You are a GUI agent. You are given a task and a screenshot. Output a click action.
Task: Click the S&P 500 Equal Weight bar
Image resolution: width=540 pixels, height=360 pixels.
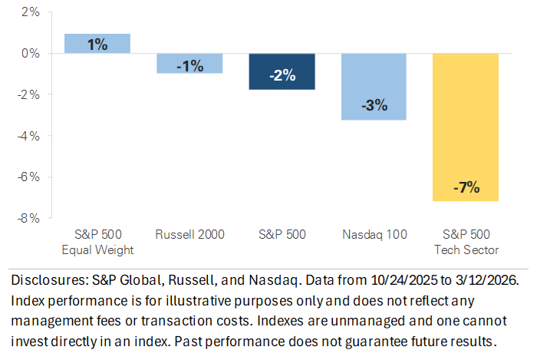pos(97,44)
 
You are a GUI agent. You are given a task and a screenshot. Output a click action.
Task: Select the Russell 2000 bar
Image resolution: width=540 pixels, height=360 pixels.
pos(189,64)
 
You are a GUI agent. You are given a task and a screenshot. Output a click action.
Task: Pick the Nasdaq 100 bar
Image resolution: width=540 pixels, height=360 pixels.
pos(374,87)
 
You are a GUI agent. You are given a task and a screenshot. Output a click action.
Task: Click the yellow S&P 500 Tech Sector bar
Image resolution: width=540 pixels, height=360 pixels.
pos(466,127)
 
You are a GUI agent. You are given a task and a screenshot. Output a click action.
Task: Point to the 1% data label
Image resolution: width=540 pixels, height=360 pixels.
pos(97,45)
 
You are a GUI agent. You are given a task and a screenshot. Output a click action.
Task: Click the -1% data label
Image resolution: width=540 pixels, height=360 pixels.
pos(189,66)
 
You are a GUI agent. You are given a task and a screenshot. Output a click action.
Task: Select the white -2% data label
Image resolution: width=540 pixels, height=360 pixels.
pos(282,75)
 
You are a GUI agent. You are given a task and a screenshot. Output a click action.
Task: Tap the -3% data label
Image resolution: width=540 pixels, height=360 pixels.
pos(374,105)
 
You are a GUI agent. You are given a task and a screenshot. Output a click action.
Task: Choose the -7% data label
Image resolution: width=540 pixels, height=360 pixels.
pos(466,187)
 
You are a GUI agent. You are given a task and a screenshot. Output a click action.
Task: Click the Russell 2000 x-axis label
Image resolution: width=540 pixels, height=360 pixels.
pos(189,235)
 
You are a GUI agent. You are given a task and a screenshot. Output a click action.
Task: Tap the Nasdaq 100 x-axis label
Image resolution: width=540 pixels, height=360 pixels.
pos(374,235)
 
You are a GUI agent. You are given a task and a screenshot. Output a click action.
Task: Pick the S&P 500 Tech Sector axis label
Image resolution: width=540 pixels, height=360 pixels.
pos(466,242)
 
